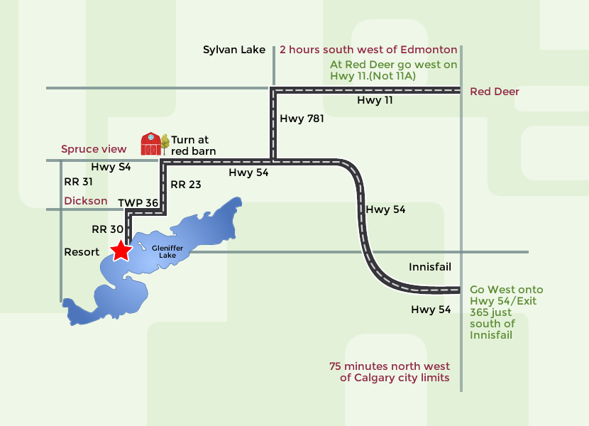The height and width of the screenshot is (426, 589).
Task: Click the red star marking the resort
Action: [121, 250]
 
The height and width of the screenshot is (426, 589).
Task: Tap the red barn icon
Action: [150, 143]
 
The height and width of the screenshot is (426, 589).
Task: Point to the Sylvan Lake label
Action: [234, 50]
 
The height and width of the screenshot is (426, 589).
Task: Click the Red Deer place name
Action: [495, 92]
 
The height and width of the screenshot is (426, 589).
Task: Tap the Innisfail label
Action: [430, 267]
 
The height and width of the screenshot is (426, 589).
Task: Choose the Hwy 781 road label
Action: [302, 119]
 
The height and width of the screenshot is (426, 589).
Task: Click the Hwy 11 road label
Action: [375, 101]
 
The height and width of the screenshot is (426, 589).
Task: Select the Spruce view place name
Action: [94, 149]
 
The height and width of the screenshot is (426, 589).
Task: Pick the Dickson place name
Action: [86, 201]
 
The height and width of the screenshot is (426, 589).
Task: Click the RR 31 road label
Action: [78, 182]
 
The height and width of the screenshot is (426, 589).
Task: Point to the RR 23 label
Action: [186, 185]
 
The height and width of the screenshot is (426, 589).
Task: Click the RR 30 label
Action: [107, 229]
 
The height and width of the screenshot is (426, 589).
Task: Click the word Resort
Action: [82, 252]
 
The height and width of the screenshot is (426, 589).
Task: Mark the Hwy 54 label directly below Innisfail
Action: [431, 310]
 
